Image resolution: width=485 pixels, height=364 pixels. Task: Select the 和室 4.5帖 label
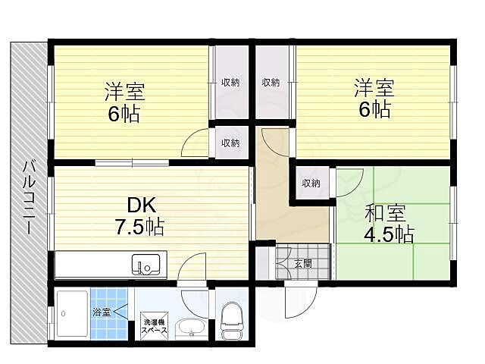389,223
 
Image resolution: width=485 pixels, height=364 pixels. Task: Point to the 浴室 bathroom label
101,311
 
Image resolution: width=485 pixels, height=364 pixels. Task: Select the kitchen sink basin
145,265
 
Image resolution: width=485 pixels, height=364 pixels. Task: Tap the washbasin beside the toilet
188,328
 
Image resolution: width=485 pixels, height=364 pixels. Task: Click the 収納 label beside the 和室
311,183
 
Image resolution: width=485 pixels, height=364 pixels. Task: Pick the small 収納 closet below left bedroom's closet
230,143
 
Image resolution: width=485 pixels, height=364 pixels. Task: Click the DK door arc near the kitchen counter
193,266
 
